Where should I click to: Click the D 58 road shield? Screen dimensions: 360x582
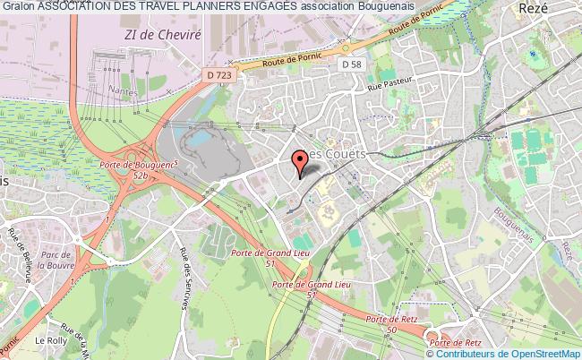[x=353, y=64]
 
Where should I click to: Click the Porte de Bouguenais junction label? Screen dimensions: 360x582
[x=135, y=166]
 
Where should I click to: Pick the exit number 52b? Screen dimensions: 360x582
[x=140, y=176]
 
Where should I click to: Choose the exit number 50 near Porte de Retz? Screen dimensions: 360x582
[x=390, y=331]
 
